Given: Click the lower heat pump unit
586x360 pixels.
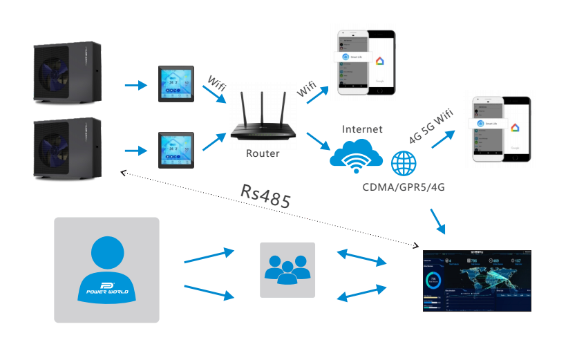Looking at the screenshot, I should click(x=68, y=147).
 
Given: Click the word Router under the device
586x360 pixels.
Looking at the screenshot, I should click(x=263, y=153).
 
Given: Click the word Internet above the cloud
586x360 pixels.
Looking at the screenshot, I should click(x=362, y=129).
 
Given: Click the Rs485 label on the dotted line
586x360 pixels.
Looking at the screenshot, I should click(x=265, y=196).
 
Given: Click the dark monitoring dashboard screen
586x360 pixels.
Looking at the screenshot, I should click(x=478, y=281).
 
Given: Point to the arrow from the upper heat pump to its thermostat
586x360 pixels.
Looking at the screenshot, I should click(x=136, y=86).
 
